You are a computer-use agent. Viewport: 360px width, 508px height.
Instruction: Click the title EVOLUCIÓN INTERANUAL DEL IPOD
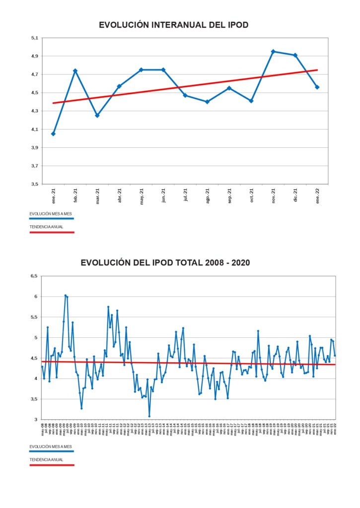tap(173, 24)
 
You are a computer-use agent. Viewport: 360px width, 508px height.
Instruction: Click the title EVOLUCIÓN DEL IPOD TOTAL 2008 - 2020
tap(165, 262)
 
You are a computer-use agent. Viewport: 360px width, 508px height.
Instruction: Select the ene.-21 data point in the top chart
tap(53, 134)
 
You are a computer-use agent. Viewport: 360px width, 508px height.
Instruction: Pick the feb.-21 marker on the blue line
tap(75, 71)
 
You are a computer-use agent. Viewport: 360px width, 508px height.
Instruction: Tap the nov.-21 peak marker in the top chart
tap(273, 52)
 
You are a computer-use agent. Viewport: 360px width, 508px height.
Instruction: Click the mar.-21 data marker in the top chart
tap(97, 116)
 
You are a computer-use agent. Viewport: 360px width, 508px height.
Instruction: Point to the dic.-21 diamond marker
tap(295, 55)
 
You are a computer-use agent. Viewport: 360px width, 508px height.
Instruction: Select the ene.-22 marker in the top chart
tap(317, 87)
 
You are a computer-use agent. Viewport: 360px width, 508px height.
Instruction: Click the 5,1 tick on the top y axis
tap(34, 38)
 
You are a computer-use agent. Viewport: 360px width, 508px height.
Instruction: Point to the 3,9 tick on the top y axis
tap(34, 147)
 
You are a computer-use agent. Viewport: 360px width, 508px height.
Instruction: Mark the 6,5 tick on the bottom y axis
tap(33, 276)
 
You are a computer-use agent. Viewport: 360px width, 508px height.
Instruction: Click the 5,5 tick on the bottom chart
tap(33, 317)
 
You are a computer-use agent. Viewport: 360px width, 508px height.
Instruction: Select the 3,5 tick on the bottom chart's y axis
tap(33, 399)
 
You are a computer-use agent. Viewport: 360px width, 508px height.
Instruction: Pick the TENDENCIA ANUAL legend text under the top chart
tap(47, 227)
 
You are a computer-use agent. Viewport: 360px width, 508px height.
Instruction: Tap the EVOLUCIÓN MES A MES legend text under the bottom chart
tap(51, 446)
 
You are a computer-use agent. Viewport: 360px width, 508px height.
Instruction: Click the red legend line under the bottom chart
tap(51, 465)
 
